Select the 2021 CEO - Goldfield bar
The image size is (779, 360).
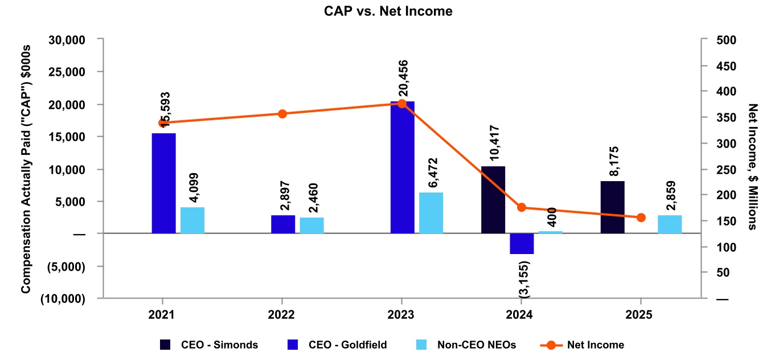pos(164,183)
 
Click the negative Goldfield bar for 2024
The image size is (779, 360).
pos(522,243)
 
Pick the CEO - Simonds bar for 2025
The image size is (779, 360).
pos(612,207)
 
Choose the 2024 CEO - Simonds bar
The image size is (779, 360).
pos(493,200)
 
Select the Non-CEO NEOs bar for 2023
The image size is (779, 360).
pos(431,213)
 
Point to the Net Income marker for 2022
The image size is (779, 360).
pos(282,114)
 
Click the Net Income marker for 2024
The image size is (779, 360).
pos(522,207)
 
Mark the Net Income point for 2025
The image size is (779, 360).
pos(641,218)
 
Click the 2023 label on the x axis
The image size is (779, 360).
pos(401,313)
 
